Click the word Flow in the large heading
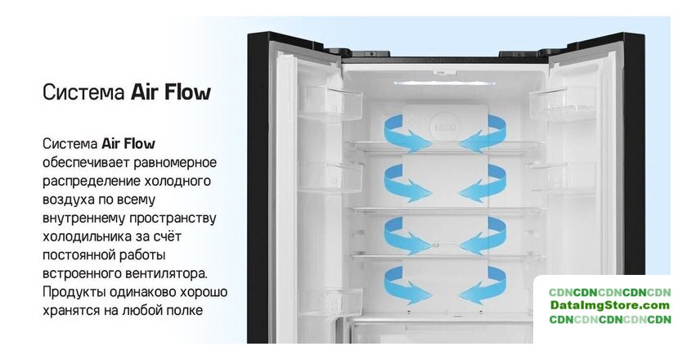[188, 92]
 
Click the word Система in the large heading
[83, 92]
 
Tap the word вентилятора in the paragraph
[166, 273]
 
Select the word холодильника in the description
[88, 236]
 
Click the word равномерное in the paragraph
[175, 163]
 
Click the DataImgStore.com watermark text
[610, 306]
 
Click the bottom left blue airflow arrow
[406, 286]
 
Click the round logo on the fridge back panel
[445, 127]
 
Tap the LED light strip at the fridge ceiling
[444, 83]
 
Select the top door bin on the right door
[563, 102]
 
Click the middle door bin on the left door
[330, 177]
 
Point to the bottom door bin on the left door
[330, 303]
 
